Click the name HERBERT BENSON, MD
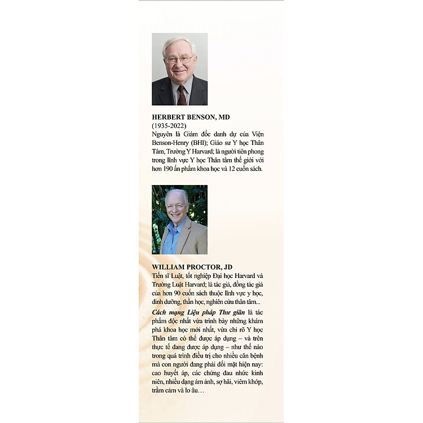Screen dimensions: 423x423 click(x=191, y=117)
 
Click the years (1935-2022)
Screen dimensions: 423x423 click(x=169, y=125)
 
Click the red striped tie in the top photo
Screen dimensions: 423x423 click(x=182, y=95)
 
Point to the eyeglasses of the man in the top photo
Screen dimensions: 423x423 click(x=179, y=59)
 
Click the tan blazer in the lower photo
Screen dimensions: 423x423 click(x=194, y=240)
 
